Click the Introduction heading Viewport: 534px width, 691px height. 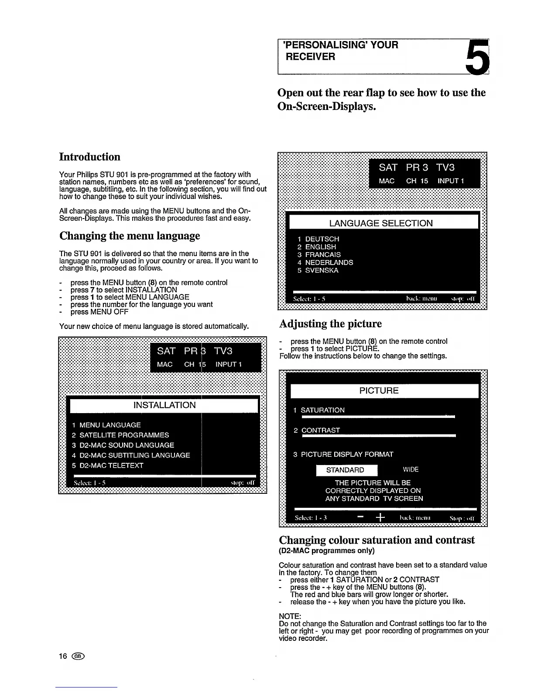pyautogui.click(x=89, y=157)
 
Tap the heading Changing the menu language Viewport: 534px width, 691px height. pyautogui.click(x=130, y=236)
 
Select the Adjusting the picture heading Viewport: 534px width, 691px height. pyautogui.click(x=330, y=324)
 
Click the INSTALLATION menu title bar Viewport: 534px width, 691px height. pyautogui.click(x=164, y=405)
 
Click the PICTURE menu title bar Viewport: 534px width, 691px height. pyautogui.click(x=379, y=391)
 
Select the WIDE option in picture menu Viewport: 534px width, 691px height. pyautogui.click(x=411, y=470)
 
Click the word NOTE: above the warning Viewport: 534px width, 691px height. pyautogui.click(x=290, y=616)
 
